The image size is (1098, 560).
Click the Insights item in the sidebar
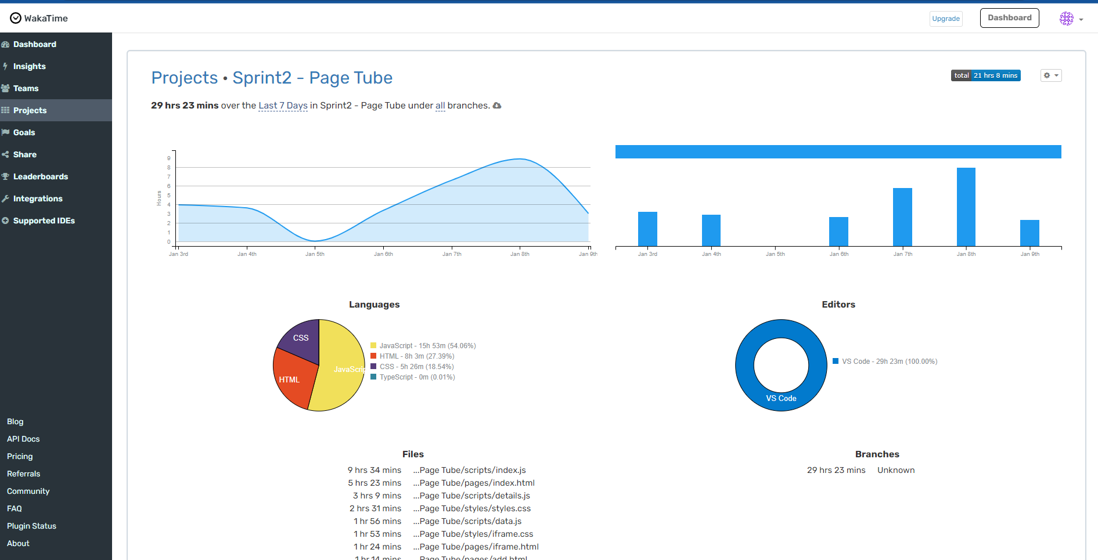(x=29, y=66)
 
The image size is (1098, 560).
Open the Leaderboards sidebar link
(x=40, y=176)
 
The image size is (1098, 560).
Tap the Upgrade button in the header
(x=945, y=19)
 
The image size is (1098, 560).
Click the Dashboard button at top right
(x=1009, y=18)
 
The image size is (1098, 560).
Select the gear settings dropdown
(x=1050, y=75)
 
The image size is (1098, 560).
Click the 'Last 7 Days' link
(x=283, y=106)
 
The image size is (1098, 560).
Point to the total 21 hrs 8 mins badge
(x=985, y=75)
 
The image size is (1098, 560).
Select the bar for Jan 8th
(x=966, y=207)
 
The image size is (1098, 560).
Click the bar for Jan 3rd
(x=647, y=229)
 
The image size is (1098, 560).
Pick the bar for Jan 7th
(x=902, y=217)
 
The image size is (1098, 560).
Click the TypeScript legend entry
(x=416, y=377)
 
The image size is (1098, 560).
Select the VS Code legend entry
(x=889, y=362)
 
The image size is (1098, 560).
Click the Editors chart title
(x=838, y=305)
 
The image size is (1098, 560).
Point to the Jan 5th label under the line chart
(x=315, y=254)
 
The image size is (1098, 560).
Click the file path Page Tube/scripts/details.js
(x=474, y=496)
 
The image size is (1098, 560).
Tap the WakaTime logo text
(x=46, y=19)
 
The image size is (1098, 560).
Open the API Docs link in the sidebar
(x=23, y=439)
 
